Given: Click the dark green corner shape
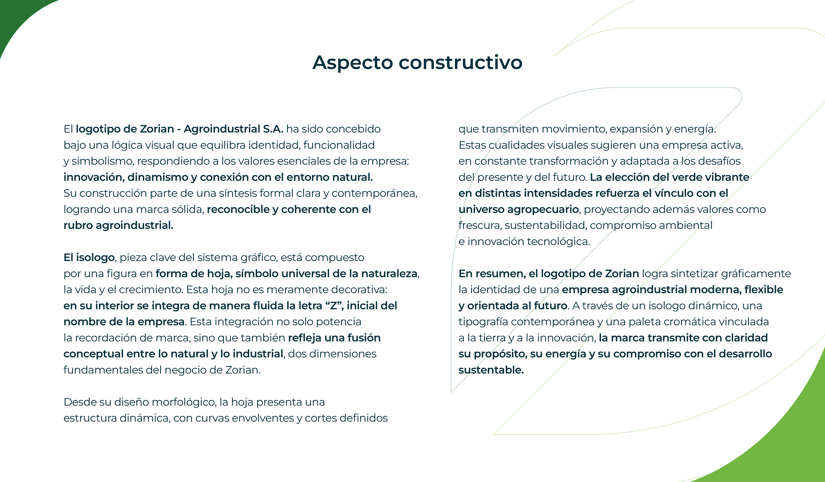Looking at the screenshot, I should click(16, 16).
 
